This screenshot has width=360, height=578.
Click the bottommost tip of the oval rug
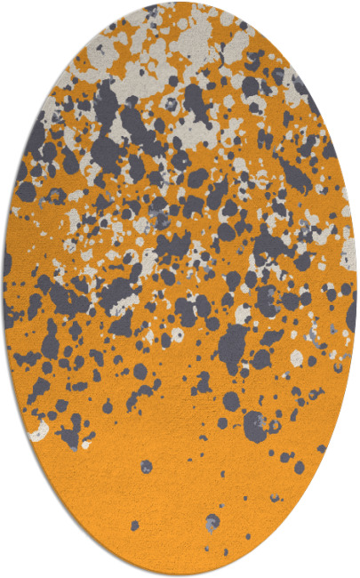coord(180,574)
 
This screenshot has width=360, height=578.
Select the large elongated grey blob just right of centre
coord(233,342)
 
